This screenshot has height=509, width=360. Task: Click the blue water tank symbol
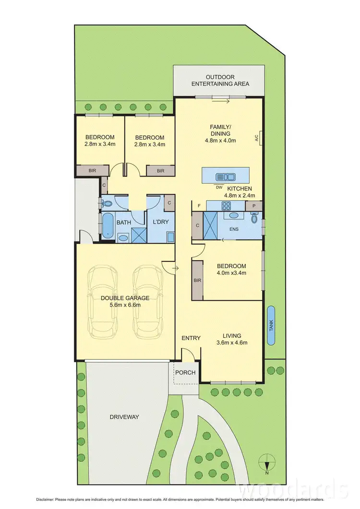272,325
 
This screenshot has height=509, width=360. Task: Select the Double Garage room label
125,298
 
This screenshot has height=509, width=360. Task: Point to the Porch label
185,373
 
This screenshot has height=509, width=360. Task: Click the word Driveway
123,417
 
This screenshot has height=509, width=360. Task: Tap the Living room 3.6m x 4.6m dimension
232,343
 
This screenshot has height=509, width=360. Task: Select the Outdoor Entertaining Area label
220,80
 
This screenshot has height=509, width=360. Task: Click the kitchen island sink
223,177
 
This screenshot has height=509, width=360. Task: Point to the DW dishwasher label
219,187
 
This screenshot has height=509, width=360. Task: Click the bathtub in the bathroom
107,226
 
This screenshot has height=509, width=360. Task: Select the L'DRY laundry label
159,223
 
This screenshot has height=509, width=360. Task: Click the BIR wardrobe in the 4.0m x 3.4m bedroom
197,280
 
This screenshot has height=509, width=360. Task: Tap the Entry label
191,338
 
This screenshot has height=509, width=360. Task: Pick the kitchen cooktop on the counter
225,206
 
